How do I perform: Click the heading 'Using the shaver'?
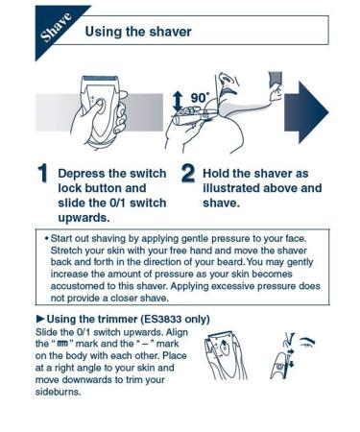(x=138, y=32)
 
